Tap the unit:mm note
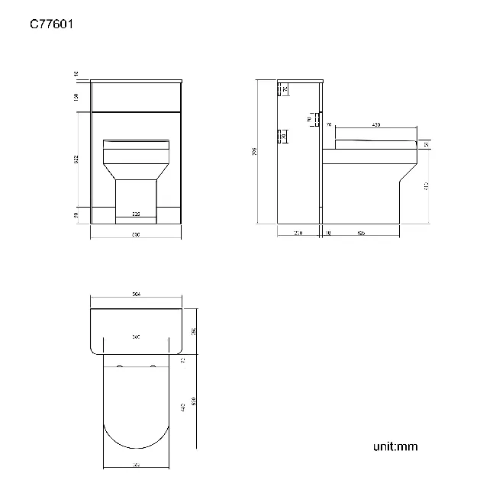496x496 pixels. [x=395, y=446]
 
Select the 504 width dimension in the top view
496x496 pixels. [x=137, y=294]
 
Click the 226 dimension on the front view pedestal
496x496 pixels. [x=136, y=214]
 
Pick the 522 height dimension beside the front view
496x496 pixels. [x=76, y=159]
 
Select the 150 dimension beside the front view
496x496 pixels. [x=76, y=97]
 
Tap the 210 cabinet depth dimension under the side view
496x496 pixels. [x=298, y=232]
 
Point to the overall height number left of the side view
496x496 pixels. [x=254, y=151]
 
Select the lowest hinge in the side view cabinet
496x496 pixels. [x=282, y=137]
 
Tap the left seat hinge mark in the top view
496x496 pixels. [x=121, y=369]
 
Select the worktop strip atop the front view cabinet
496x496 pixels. [x=136, y=80]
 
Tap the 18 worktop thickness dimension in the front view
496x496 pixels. [x=76, y=73]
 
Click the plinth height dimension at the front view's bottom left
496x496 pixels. [x=76, y=215]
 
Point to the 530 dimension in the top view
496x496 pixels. [x=195, y=400]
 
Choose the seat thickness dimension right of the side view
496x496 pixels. [x=426, y=143]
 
